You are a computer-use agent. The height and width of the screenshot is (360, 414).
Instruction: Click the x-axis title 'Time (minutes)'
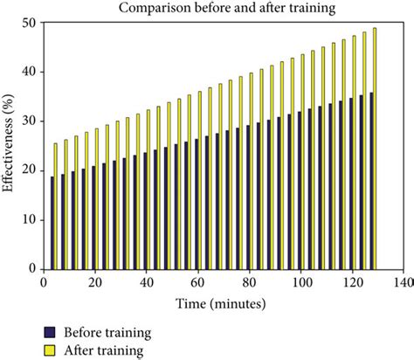pyautogui.click(x=223, y=305)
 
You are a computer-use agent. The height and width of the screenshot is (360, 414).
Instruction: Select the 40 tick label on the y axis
pyautogui.click(x=31, y=72)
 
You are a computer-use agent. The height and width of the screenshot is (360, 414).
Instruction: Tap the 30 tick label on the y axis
pyautogui.click(x=31, y=121)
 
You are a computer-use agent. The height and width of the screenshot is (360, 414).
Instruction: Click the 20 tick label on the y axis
pyautogui.click(x=31, y=170)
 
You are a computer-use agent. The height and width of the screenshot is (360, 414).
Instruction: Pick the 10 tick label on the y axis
pyautogui.click(x=31, y=219)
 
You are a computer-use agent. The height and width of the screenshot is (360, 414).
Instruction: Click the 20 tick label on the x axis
pyautogui.click(x=94, y=283)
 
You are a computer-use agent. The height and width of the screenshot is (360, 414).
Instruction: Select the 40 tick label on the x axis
pyautogui.click(x=146, y=283)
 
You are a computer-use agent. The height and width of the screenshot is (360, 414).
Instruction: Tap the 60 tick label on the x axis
pyautogui.click(x=197, y=283)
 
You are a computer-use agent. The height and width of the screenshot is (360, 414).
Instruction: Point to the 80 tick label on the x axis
pyautogui.click(x=249, y=283)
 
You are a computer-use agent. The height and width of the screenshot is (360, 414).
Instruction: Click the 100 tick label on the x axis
pyautogui.click(x=300, y=283)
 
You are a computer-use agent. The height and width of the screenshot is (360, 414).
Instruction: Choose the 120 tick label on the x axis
pyautogui.click(x=352, y=283)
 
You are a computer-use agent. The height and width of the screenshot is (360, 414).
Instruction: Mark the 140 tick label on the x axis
pyautogui.click(x=403, y=283)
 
